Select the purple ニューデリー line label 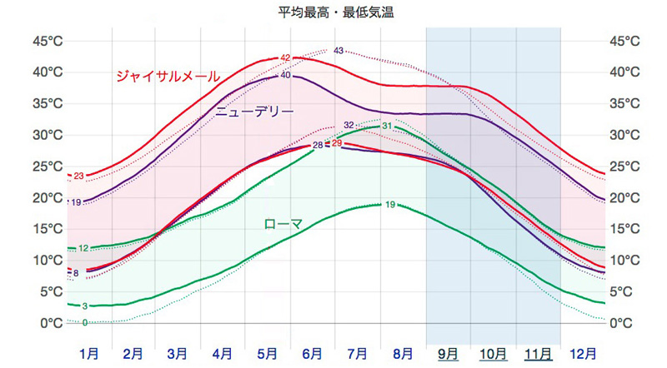click(x=255, y=112)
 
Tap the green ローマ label click(x=283, y=223)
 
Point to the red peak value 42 click(x=285, y=58)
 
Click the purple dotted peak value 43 click(x=339, y=51)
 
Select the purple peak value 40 click(x=285, y=76)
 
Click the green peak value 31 click(x=386, y=126)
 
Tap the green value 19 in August click(x=390, y=204)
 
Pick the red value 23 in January click(x=78, y=176)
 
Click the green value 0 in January click(x=85, y=322)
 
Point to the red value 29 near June click(x=337, y=143)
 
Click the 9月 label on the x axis click(x=448, y=353)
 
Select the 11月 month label click(x=537, y=353)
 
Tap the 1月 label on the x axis click(x=89, y=353)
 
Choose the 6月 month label click(x=313, y=353)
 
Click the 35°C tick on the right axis click(x=625, y=103)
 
